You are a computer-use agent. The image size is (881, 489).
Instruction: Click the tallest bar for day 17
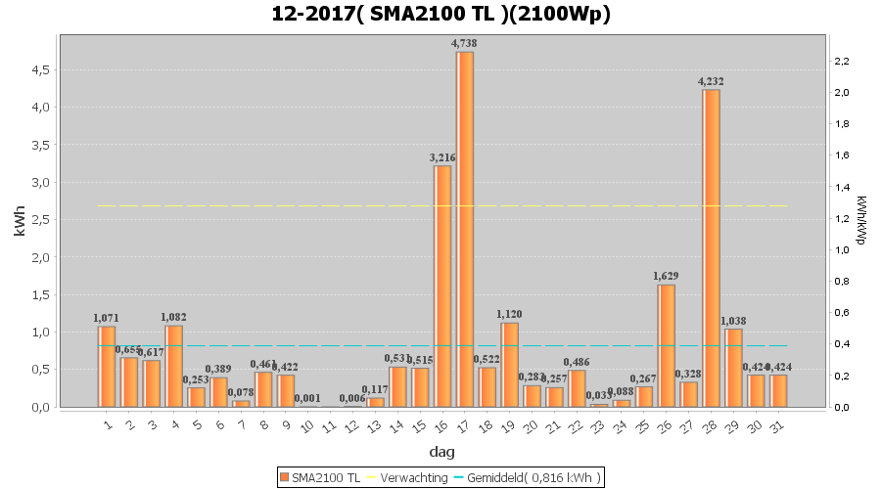(465, 229)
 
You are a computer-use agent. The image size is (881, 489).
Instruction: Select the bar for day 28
(712, 248)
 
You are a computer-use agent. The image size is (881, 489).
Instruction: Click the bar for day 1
(107, 366)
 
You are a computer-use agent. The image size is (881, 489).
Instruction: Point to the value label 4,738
(465, 43)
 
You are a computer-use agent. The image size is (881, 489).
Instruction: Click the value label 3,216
(442, 157)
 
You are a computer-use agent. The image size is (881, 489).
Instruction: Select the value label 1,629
(667, 276)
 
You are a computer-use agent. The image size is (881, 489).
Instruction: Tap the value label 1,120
(510, 314)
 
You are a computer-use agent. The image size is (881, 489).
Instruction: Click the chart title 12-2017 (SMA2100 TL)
(440, 15)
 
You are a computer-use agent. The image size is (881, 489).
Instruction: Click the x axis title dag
(441, 452)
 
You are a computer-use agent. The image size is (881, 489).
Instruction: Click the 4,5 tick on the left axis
(40, 70)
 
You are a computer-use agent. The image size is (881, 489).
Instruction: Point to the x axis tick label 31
(777, 426)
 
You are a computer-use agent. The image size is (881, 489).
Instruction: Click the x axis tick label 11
(329, 426)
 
